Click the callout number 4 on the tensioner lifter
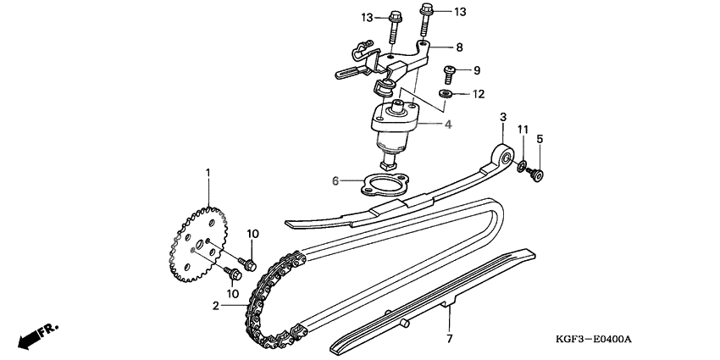(448, 125)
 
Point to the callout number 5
(540, 138)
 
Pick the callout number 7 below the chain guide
(450, 339)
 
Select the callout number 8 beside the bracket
(459, 47)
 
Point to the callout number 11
(523, 129)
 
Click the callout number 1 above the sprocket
(206, 174)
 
